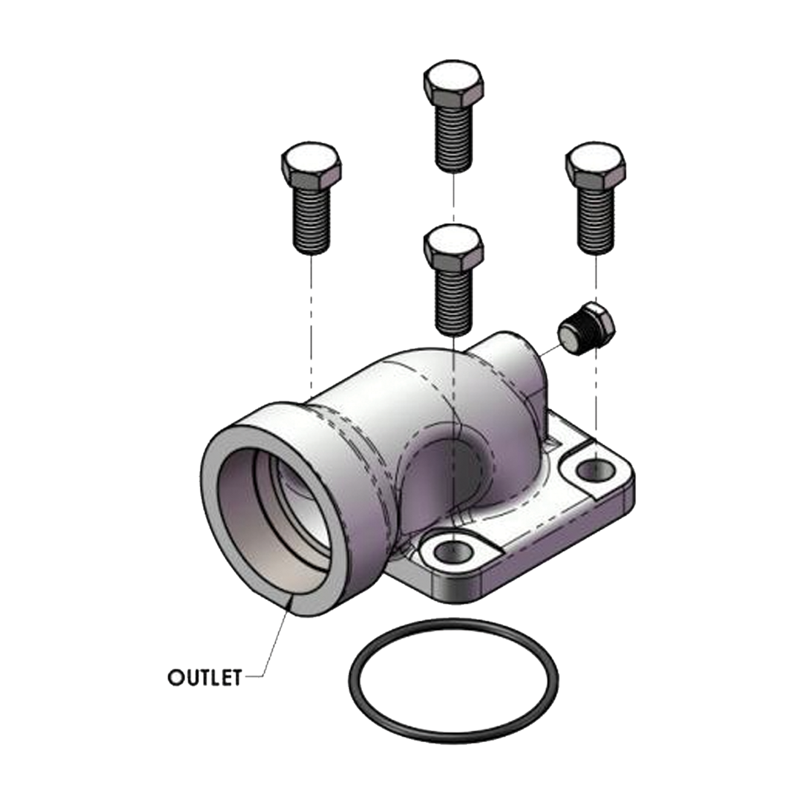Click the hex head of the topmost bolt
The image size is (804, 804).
point(455,83)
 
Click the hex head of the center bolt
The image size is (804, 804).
point(454,246)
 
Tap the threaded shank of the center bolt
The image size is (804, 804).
point(454,300)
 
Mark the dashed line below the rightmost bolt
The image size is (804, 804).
point(597,395)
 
